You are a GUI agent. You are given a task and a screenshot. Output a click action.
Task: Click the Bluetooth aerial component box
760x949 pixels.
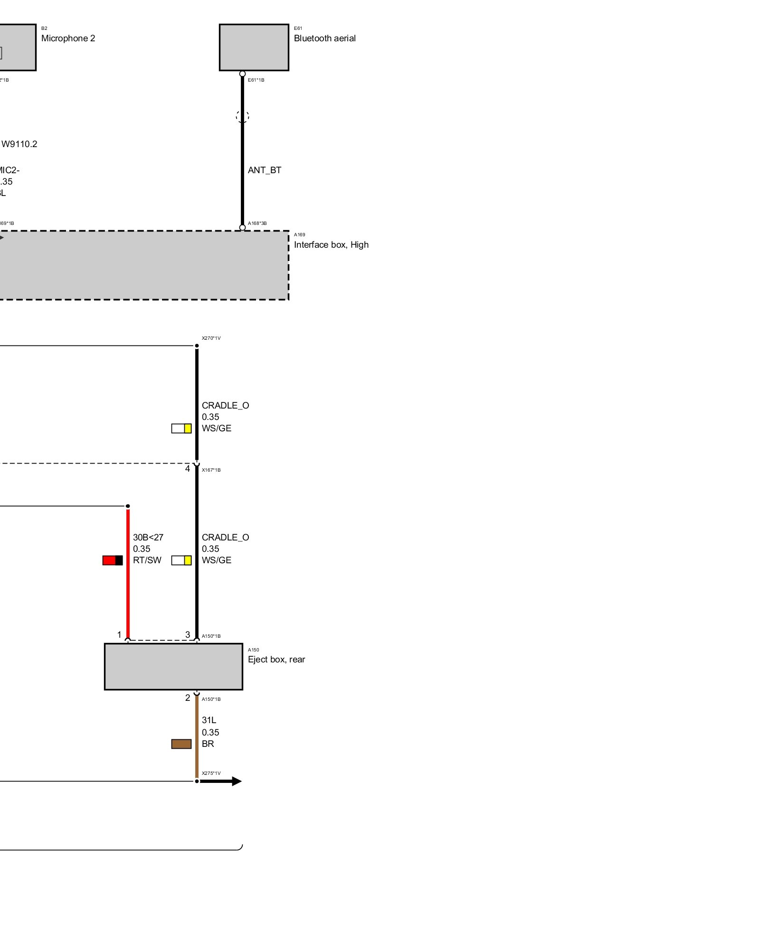pos(254,47)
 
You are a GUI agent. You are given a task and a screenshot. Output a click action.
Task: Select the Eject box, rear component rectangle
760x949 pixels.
pos(173,666)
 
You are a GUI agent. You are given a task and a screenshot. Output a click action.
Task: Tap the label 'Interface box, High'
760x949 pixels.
pos(331,245)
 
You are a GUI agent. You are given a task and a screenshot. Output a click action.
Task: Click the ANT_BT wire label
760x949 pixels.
pos(265,170)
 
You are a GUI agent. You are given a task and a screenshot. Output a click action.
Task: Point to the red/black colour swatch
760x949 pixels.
pos(113,560)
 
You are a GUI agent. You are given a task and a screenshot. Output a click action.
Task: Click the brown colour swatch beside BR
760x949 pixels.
pos(181,744)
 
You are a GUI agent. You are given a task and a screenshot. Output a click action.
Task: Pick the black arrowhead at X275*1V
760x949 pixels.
pos(236,782)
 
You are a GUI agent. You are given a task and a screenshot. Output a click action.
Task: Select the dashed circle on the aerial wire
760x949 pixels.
pos(242,116)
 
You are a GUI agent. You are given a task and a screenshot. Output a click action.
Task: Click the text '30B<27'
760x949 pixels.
pos(148,538)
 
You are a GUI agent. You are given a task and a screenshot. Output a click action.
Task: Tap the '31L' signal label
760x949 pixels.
pos(209,720)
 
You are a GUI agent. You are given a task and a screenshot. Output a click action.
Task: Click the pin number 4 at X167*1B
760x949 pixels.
pos(188,469)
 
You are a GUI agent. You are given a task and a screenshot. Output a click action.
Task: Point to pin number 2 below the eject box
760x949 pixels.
pos(188,698)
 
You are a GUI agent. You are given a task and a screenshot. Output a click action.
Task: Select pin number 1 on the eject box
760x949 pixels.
pos(119,635)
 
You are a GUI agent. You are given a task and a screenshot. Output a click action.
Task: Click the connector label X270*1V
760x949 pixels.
pos(211,338)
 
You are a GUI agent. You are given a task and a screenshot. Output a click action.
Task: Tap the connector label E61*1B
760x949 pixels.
pos(256,80)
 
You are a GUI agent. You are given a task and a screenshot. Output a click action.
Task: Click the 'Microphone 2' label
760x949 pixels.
pos(68,38)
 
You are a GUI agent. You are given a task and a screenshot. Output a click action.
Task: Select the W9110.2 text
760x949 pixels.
pos(19,144)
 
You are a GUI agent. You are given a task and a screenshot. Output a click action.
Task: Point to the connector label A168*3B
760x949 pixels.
pos(257,223)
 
